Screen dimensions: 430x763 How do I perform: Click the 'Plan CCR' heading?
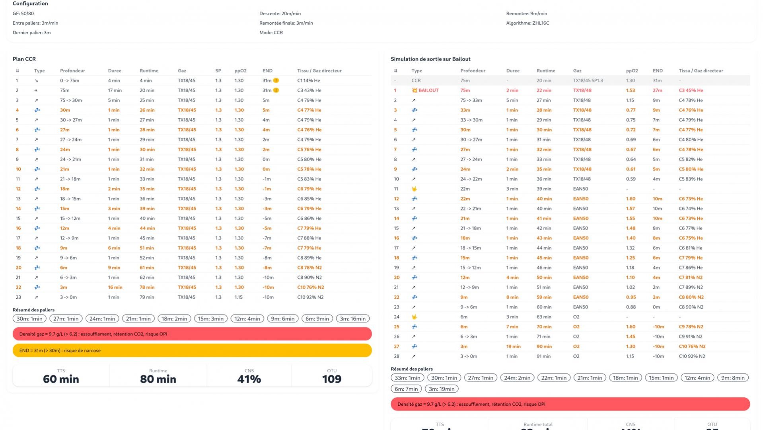tap(24, 59)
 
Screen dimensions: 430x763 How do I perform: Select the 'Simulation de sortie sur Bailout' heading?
tap(430, 59)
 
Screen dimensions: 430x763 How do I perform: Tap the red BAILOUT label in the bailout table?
tap(428, 90)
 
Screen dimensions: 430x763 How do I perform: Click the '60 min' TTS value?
tap(61, 379)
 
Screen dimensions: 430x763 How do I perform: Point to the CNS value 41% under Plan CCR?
tap(249, 379)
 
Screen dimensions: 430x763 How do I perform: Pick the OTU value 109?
tap(332, 379)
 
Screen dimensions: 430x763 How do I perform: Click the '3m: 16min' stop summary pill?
tap(352, 319)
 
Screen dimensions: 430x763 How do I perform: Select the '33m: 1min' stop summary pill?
tap(407, 378)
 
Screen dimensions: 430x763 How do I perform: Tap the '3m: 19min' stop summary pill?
tap(442, 389)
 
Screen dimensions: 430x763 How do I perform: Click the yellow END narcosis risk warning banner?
tap(192, 350)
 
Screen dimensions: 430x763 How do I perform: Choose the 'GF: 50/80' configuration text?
tap(23, 14)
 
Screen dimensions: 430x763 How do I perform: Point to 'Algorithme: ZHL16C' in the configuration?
tap(527, 23)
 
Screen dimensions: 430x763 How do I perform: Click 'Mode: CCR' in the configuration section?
tap(271, 33)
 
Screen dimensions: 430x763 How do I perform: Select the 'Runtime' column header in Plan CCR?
tap(149, 71)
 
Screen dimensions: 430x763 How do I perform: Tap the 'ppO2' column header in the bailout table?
tap(632, 71)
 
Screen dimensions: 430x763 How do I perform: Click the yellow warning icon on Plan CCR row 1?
tap(276, 80)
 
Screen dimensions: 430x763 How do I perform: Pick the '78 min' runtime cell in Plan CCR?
tap(147, 287)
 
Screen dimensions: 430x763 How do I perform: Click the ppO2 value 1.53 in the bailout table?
tap(631, 90)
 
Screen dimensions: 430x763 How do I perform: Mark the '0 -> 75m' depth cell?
tap(70, 80)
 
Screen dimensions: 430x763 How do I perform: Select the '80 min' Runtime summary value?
tap(158, 379)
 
